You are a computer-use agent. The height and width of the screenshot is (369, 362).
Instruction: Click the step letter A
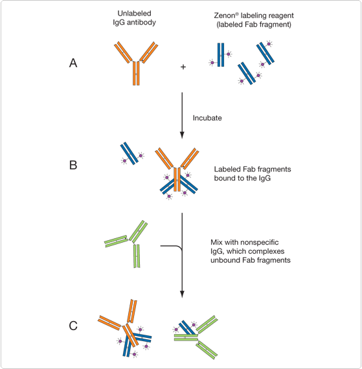73,63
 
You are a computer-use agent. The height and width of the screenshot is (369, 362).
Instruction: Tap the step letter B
73,165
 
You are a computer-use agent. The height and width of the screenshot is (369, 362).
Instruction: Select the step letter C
73,326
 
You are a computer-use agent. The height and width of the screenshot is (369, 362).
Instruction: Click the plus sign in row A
183,67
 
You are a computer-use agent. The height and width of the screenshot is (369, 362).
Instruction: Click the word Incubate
207,118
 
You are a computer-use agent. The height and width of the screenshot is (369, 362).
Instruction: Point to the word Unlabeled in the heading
134,14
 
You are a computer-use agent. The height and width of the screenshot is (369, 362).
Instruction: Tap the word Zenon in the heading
225,16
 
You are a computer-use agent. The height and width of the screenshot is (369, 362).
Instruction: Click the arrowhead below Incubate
182,135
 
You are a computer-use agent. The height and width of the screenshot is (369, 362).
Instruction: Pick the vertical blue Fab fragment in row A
221,55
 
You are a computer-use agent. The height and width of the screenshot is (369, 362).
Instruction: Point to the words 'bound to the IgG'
242,178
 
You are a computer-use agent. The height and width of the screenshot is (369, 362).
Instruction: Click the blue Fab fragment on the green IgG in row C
187,328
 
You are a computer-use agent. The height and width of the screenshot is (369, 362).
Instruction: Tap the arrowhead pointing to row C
182,294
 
